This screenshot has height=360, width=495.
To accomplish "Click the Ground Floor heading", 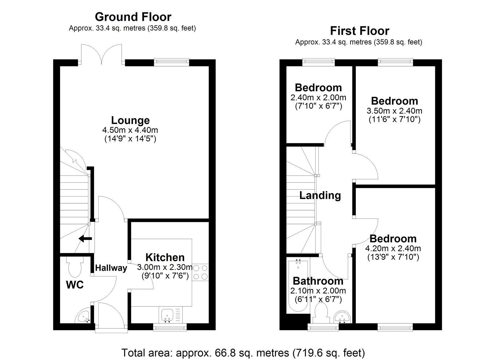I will (133, 16).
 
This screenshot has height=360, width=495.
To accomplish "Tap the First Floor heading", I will (359, 31).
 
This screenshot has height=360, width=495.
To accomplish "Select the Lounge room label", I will (130, 120).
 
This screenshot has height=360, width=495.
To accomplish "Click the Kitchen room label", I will (165, 257).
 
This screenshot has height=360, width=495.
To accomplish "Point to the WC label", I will (75, 285).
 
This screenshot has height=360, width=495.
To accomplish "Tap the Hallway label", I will (111, 268).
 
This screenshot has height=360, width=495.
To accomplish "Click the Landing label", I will (320, 195).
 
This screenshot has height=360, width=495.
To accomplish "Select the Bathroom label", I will (318, 281).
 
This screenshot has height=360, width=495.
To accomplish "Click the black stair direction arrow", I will (85, 239).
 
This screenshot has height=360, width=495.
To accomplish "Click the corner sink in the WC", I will (84, 317).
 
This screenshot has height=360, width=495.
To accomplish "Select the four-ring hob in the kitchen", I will (200, 272).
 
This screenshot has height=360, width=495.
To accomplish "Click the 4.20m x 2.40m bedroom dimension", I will (393, 248).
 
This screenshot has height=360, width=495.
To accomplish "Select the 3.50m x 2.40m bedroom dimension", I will (394, 111).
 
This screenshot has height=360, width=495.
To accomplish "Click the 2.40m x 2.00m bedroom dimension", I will (318, 98).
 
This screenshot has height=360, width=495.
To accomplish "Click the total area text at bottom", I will (243, 353).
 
